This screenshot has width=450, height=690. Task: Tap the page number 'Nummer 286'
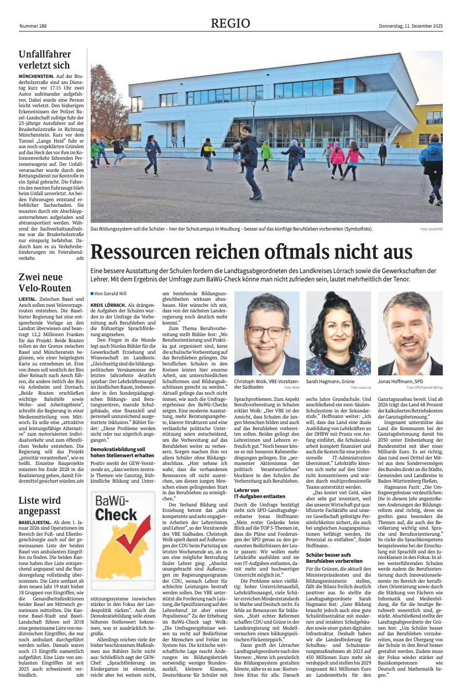[x=33, y=27]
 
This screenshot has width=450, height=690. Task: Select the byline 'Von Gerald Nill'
[x=111, y=293]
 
